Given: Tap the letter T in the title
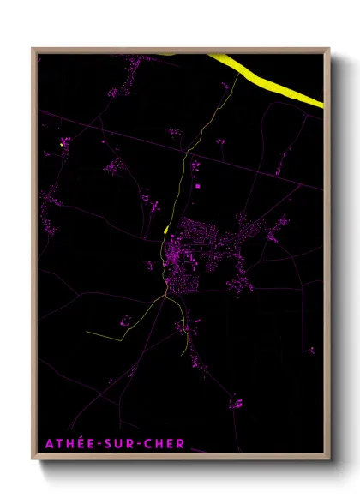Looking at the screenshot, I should pos(55,444).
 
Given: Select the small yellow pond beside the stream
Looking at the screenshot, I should pos(165,230).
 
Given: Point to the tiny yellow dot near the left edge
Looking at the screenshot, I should pos(63,146).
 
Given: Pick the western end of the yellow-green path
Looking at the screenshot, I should pos(86,331).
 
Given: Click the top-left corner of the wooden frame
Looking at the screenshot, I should pos(33,49).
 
